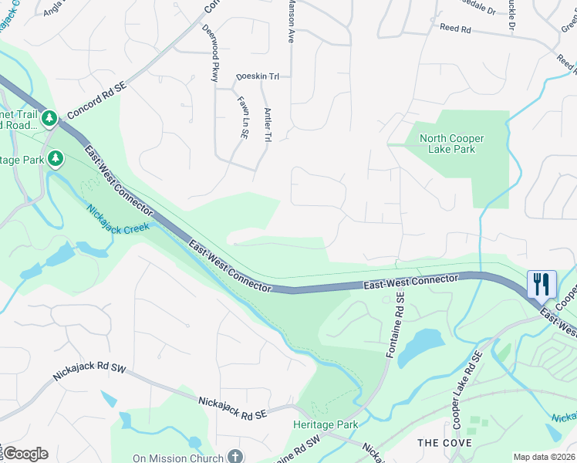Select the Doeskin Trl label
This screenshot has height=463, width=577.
pyautogui.click(x=257, y=76)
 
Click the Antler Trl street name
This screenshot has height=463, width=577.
pyautogui.click(x=268, y=123)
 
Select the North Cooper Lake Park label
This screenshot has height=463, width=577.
pyautogui.click(x=451, y=144)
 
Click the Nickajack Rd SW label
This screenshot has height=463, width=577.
pyautogui.click(x=89, y=370)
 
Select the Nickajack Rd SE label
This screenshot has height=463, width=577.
pyautogui.click(x=232, y=407)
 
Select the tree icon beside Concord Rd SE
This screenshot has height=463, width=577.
pyautogui.click(x=49, y=118)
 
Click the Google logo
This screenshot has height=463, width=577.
pyautogui.click(x=25, y=454)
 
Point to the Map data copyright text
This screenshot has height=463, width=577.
pyautogui.click(x=544, y=457)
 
